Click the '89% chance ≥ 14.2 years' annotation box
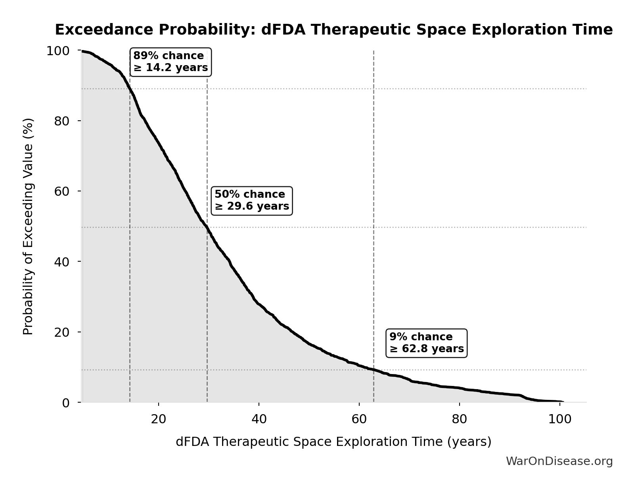tap(170, 62)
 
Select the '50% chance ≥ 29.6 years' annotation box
tap(252, 201)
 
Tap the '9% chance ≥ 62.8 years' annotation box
tap(426, 343)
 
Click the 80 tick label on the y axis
tap(62, 121)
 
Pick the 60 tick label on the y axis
tap(62, 191)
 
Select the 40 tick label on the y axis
tap(62, 262)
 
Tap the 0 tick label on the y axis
tap(66, 403)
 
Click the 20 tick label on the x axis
tap(159, 419)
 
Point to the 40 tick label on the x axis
tap(259, 419)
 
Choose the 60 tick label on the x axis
tap(359, 419)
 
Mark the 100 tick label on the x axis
tap(560, 419)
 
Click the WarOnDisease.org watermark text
tap(559, 461)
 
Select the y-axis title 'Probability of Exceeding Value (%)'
tap(28, 226)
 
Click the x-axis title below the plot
tap(333, 442)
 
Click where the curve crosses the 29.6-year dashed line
tap(207, 228)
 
